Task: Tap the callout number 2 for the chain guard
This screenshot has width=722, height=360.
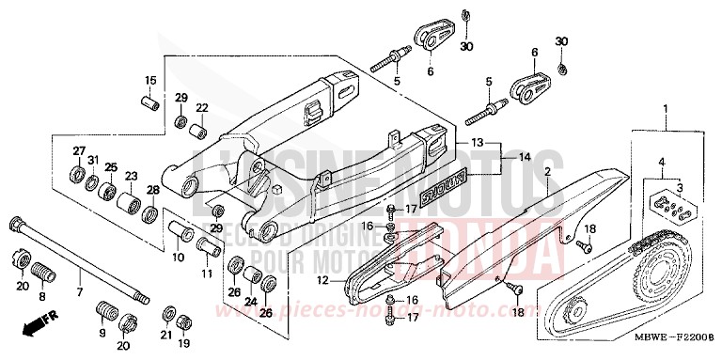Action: (546, 173)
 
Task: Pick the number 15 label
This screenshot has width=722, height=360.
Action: (149, 78)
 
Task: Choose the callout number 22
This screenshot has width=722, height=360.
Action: (201, 109)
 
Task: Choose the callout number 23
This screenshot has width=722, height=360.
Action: (131, 175)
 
